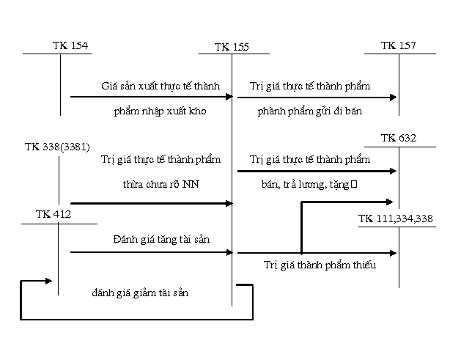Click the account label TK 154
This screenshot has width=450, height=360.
click(70, 45)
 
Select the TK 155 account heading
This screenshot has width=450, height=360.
click(232, 47)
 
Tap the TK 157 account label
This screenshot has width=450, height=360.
click(399, 45)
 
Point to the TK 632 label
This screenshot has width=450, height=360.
click(399, 138)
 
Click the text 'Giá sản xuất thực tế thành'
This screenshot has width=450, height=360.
click(161, 86)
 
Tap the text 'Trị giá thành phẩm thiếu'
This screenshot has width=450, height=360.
click(320, 265)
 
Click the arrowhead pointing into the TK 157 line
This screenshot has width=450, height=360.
click(394, 97)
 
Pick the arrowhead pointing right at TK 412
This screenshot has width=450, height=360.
click(48, 280)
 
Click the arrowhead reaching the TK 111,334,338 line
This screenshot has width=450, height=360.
click(394, 253)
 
